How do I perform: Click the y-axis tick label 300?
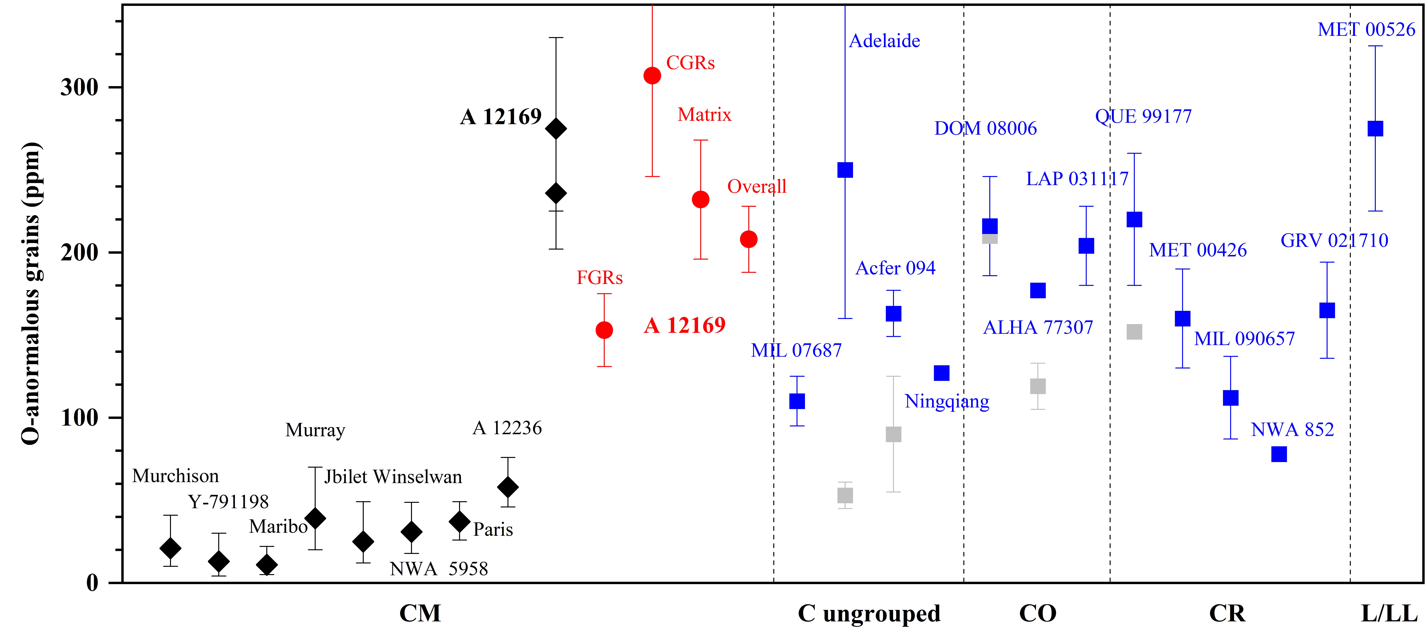point(79,88)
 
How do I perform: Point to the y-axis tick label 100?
point(79,418)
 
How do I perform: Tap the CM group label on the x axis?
point(420,614)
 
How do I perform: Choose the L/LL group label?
point(1389,614)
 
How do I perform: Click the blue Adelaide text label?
point(885,41)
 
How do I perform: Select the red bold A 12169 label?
point(685,325)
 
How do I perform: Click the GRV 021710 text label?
point(1334,240)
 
